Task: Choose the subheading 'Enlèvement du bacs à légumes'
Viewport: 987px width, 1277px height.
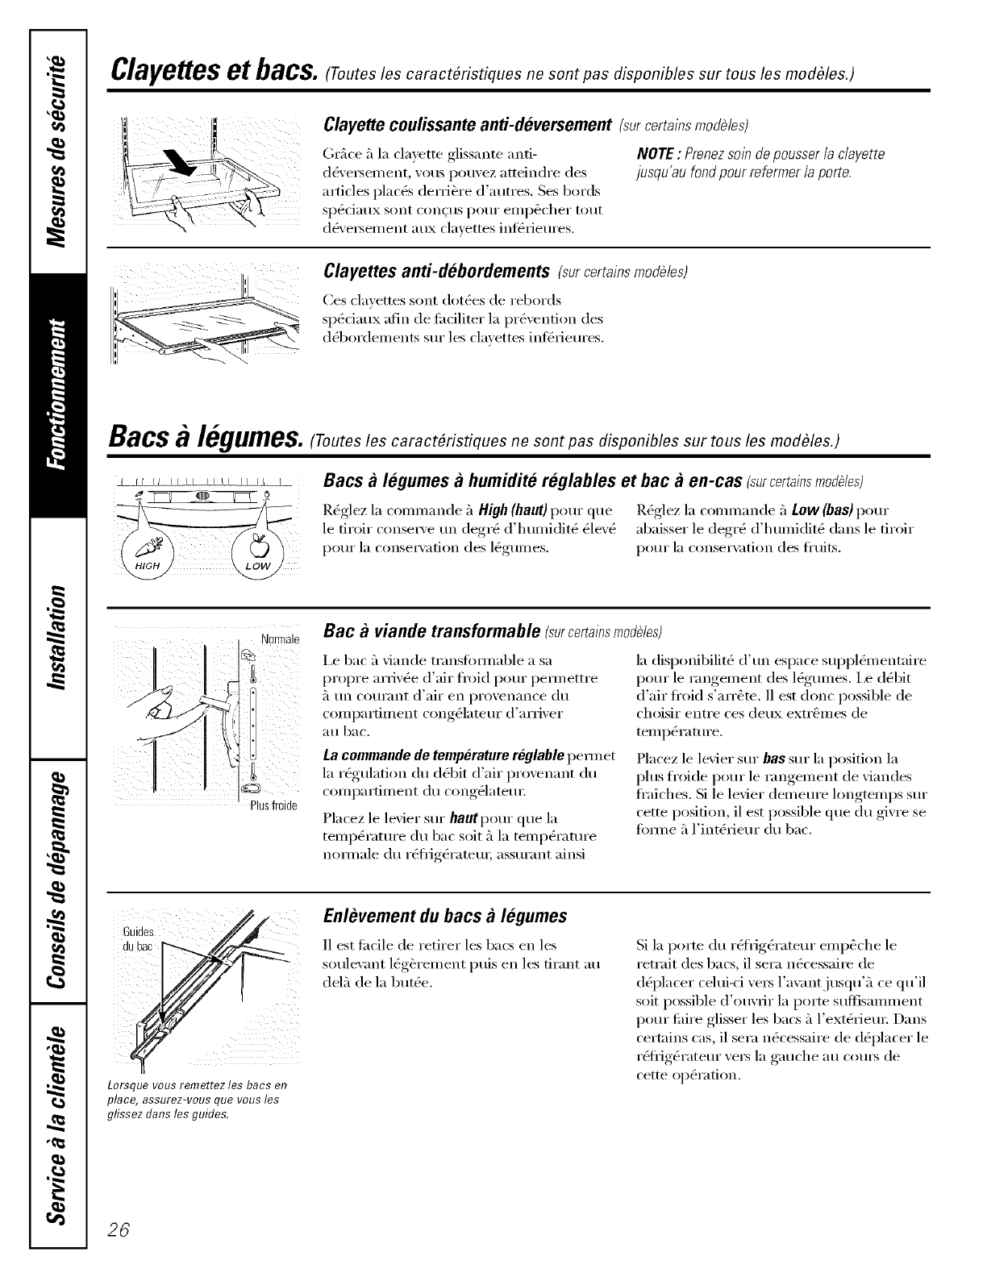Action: [444, 916]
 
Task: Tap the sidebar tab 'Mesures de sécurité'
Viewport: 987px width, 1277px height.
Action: [57, 153]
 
